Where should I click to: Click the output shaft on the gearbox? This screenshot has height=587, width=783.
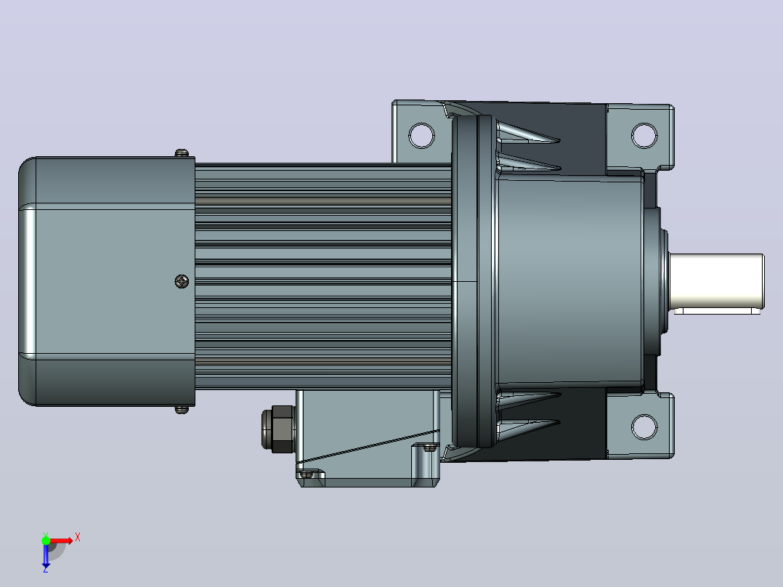click(717, 280)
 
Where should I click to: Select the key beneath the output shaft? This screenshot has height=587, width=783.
click(717, 311)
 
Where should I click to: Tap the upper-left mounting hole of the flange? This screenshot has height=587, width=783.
click(421, 135)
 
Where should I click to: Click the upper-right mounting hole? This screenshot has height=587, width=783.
click(644, 135)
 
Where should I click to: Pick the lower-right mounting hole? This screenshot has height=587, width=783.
click(644, 426)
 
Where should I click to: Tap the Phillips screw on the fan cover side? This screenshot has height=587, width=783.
click(182, 281)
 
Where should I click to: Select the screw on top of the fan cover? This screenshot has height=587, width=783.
click(182, 153)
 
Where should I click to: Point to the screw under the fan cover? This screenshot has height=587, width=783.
click(182, 410)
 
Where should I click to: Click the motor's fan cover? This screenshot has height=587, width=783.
click(107, 281)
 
